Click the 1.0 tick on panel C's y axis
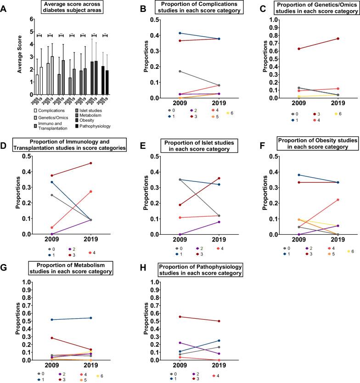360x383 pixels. (x=273, y=20)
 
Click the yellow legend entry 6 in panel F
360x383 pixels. (x=348, y=252)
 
